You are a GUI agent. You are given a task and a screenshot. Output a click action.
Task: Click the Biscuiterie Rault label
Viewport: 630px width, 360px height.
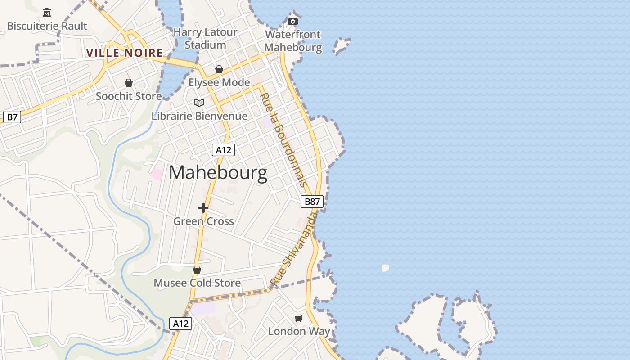pyautogui.click(x=47, y=26)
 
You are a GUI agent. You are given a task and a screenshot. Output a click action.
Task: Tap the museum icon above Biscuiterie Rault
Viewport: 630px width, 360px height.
pyautogui.click(x=46, y=13)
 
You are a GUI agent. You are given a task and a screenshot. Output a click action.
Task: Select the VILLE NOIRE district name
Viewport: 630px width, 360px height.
pyautogui.click(x=125, y=53)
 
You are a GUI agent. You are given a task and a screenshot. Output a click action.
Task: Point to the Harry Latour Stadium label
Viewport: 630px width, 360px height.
pyautogui.click(x=205, y=39)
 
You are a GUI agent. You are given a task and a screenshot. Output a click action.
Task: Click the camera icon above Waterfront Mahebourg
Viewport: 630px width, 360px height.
pyautogui.click(x=293, y=21)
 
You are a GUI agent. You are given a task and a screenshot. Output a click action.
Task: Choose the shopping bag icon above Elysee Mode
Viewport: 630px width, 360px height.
pyautogui.click(x=219, y=69)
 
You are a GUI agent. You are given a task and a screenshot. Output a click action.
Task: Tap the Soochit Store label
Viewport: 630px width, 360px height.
pyautogui.click(x=129, y=96)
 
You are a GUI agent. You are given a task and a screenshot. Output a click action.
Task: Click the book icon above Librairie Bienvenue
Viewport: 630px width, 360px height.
pyautogui.click(x=199, y=103)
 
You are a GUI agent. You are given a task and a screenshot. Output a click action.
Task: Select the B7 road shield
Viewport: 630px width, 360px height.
pyautogui.click(x=12, y=117)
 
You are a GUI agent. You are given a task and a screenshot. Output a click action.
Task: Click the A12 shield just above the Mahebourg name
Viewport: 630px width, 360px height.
pyautogui.click(x=223, y=150)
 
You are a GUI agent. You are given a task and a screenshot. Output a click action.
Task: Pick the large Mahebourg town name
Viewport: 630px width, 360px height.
pyautogui.click(x=218, y=173)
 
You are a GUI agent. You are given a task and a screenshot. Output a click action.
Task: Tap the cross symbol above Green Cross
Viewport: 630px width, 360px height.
pyautogui.click(x=203, y=208)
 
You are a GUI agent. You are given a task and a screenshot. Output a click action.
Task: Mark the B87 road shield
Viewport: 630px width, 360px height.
pyautogui.click(x=312, y=201)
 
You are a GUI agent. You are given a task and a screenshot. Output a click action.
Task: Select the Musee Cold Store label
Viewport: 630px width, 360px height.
pyautogui.click(x=197, y=283)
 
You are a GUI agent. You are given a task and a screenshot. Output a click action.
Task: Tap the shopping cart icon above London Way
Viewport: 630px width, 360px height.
pyautogui.click(x=299, y=319)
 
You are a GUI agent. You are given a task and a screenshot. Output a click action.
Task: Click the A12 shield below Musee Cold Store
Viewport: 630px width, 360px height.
pyautogui.click(x=181, y=323)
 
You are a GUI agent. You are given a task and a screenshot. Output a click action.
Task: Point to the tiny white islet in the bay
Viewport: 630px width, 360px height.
pyautogui.click(x=385, y=268)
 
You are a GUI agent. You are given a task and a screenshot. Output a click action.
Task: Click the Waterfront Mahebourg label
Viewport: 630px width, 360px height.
pyautogui.click(x=293, y=41)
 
